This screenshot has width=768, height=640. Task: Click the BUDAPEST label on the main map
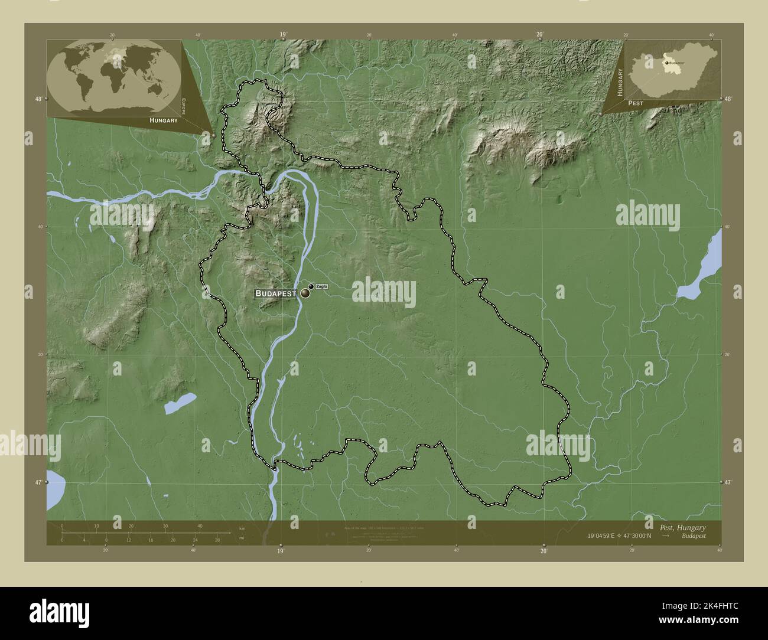[x=275, y=293]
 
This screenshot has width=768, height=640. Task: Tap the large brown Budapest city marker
[x=305, y=293]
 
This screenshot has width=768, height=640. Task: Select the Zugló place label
[x=321, y=287]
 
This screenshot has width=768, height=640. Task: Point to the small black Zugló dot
[x=311, y=287]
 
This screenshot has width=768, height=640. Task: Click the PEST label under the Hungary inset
[x=636, y=103]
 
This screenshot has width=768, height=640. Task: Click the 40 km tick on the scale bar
[x=200, y=526]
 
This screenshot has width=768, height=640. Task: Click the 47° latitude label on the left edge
[x=38, y=483]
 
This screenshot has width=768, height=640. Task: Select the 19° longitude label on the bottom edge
[x=281, y=551]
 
